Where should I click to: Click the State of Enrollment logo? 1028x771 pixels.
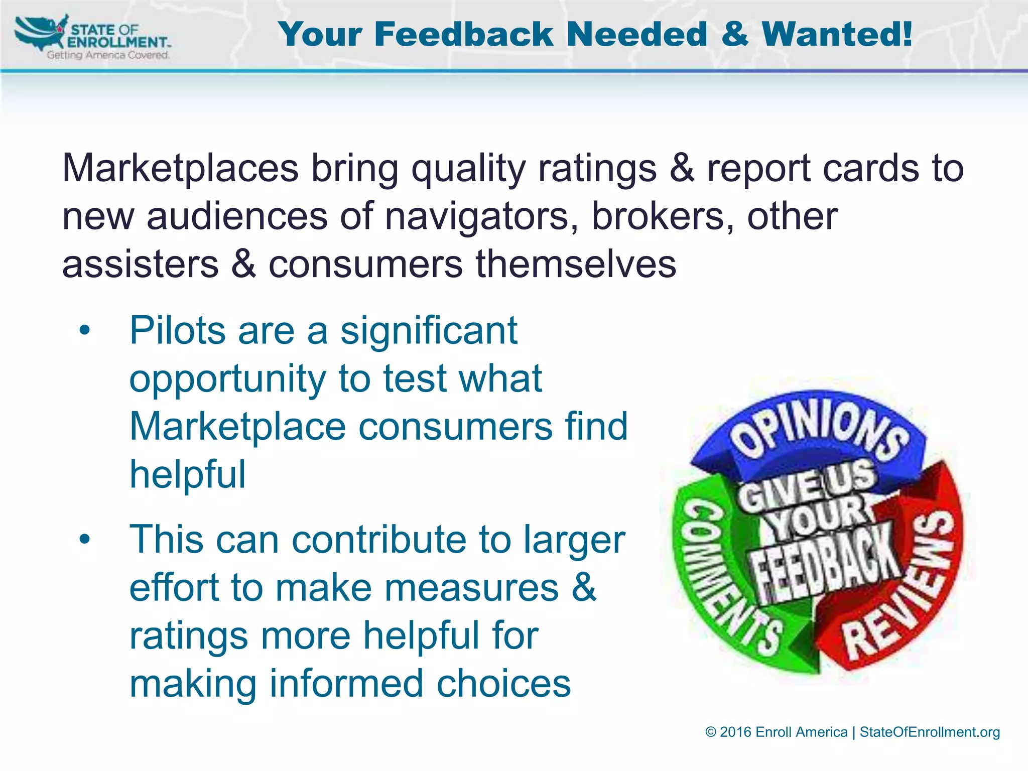(x=93, y=38)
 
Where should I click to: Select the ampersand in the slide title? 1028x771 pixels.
(x=734, y=35)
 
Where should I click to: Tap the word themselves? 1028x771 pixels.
(x=576, y=265)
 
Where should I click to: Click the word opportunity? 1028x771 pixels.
(x=228, y=379)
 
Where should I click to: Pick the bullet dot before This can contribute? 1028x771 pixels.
(x=85, y=540)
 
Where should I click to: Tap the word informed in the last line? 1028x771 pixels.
(x=346, y=684)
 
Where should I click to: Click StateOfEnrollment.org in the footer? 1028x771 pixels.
(x=930, y=732)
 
